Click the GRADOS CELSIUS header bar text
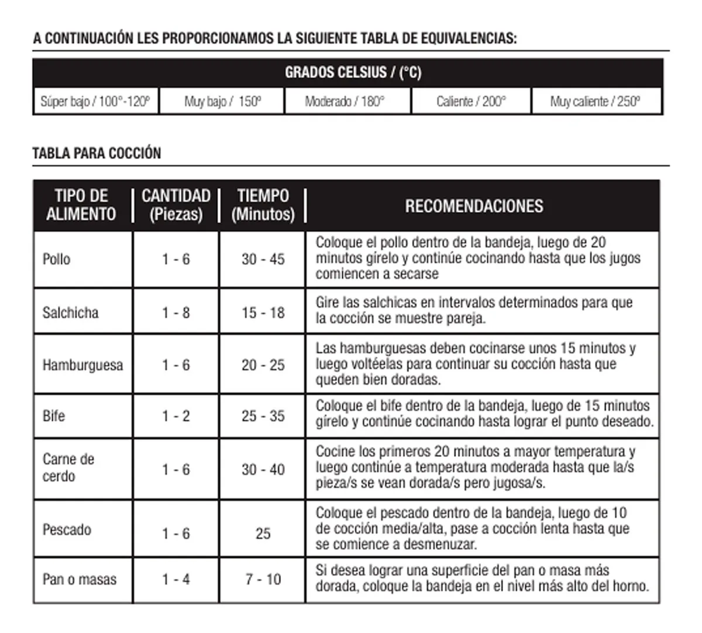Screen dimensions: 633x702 coord(353,73)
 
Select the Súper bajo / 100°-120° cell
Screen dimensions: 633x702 coord(95,102)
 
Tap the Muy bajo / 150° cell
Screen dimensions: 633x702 coord(222,102)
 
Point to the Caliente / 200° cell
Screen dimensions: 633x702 coord(471,102)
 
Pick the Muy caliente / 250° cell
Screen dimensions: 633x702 coord(595,102)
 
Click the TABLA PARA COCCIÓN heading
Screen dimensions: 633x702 coord(97,153)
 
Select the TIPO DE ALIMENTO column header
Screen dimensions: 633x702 coord(81,205)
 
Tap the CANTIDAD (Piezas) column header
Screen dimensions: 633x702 coord(176,205)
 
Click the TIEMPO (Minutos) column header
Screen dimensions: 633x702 coord(263,205)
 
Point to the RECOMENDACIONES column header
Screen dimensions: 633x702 coord(474,206)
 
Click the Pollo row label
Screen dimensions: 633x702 coord(56,259)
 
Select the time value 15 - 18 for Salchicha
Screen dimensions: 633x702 coord(263,313)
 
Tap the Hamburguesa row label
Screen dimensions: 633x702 coord(82,366)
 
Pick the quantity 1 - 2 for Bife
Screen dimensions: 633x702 coord(176,416)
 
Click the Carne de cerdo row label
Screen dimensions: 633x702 coord(68,467)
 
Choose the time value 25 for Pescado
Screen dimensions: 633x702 coord(263,534)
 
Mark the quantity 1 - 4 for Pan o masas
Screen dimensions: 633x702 coord(176,579)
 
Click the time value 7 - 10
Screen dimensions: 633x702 coord(263,579)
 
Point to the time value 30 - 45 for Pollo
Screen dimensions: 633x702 coord(263,259)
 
